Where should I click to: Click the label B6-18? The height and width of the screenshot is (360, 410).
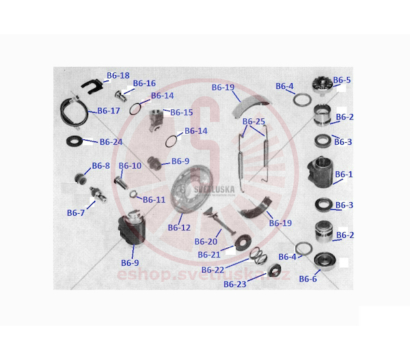pyautogui.click(x=118, y=75)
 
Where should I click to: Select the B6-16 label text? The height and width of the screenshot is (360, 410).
pyautogui.click(x=144, y=83)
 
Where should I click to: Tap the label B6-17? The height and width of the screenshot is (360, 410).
pyautogui.click(x=109, y=110)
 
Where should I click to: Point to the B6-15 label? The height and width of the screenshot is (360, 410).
pyautogui.click(x=182, y=112)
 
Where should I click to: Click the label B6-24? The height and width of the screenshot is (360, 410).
pyautogui.click(x=111, y=142)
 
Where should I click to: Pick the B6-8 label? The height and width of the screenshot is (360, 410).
pyautogui.click(x=101, y=166)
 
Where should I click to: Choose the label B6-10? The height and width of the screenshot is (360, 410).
pyautogui.click(x=131, y=166)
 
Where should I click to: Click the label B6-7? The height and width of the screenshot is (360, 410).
pyautogui.click(x=76, y=213)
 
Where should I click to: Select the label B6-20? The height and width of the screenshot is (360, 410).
pyautogui.click(x=206, y=242)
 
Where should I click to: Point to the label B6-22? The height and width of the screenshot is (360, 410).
pyautogui.click(x=213, y=270)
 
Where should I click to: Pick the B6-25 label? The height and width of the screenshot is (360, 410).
pyautogui.click(x=254, y=122)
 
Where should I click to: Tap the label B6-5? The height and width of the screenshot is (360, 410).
pyautogui.click(x=342, y=80)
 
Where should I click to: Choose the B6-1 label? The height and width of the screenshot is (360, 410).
pyautogui.click(x=344, y=174)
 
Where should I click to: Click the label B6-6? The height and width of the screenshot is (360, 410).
pyautogui.click(x=308, y=279)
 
